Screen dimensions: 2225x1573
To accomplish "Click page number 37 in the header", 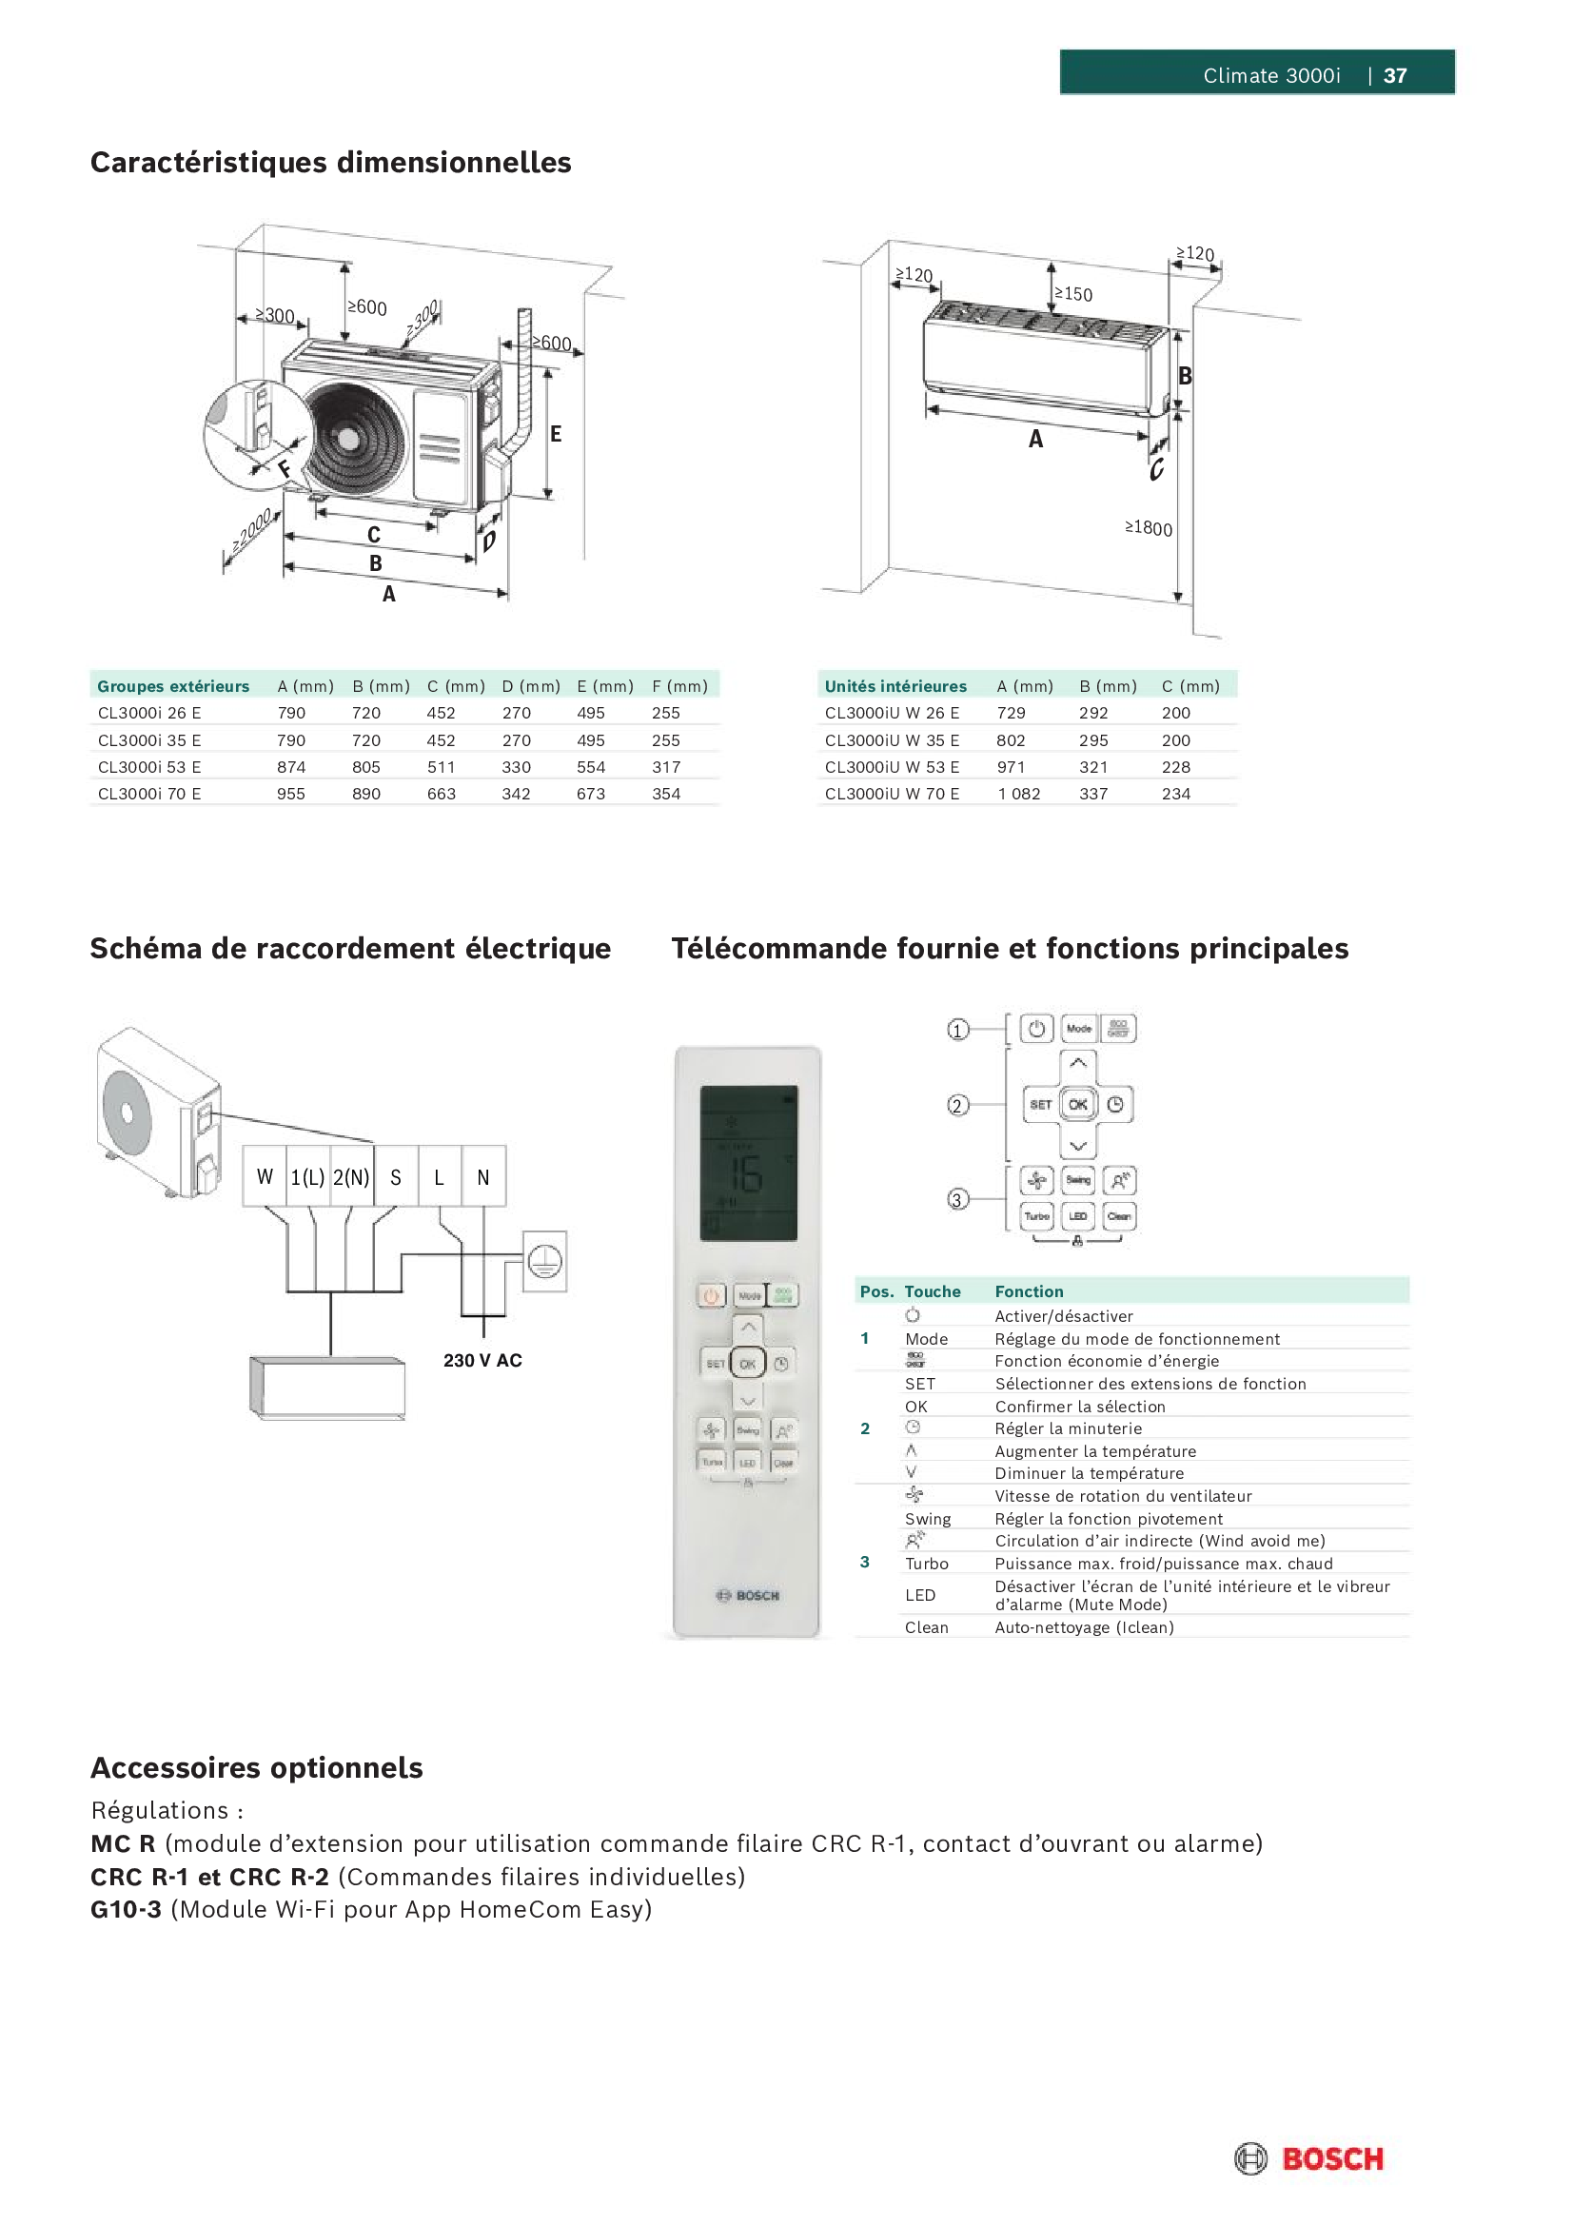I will pos(1395,75).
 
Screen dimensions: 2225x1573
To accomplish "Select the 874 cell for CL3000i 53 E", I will pos(291,766).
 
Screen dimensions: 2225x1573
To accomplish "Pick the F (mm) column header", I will pos(679,686).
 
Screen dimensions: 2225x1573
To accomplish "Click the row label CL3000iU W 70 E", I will pos(892,794).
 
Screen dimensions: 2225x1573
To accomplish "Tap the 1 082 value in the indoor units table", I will pos(1018,794).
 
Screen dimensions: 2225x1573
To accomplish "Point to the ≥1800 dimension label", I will pos(1149,528).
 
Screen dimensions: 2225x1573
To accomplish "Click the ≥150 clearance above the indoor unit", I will pos(1072,294).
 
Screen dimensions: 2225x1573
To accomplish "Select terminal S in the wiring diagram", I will pos(396,1177).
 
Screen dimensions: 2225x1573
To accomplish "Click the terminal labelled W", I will pos(265,1177).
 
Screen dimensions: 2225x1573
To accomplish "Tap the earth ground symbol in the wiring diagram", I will pos(544,1261).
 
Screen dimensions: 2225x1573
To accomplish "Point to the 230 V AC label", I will pos(482,1361).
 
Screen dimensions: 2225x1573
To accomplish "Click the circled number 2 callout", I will pos(957,1106).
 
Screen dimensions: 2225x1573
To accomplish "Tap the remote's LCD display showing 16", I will pos(748,1163).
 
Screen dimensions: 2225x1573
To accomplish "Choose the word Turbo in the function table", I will pos(927,1564).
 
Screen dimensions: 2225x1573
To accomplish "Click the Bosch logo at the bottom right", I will pos(1308,2159).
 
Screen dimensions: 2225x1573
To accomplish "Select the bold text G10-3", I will pos(126,1909).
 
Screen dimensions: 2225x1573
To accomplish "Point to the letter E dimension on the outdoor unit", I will pos(556,433).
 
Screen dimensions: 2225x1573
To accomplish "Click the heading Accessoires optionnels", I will pos(257,1767).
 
